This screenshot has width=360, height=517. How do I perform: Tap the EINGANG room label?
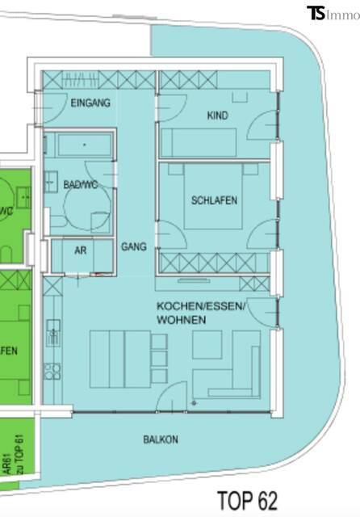click(90, 103)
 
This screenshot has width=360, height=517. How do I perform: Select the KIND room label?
click(217, 116)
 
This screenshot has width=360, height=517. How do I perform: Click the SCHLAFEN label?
click(214, 200)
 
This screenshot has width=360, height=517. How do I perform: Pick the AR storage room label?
click(80, 250)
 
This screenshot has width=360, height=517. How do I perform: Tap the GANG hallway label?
click(133, 247)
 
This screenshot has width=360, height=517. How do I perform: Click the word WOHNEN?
click(181, 321)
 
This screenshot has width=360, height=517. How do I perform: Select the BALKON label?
click(161, 440)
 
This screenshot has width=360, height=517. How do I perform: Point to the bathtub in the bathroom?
click(78, 147)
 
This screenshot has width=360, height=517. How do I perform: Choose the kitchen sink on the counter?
click(53, 330)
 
